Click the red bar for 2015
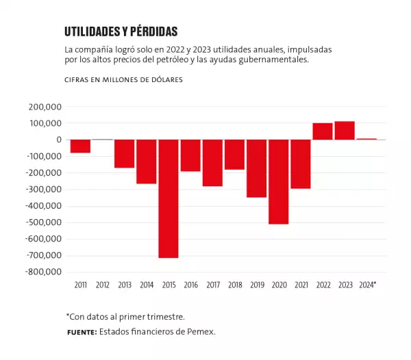tap(169, 198)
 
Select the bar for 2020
tap(279, 181)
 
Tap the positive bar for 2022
tap(323, 131)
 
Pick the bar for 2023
tap(345, 131)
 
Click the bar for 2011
tap(80, 146)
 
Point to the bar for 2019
tap(257, 168)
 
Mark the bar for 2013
tap(124, 153)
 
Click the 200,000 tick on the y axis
tap(46, 107)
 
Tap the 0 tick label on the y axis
tap(60, 140)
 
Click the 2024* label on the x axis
tap(367, 284)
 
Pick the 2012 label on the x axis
tap(102, 284)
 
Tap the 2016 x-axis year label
tap(190, 284)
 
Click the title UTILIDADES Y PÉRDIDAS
tap(121, 32)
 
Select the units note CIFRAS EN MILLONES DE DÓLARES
tap(123, 80)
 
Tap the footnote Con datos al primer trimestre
tap(125, 316)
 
